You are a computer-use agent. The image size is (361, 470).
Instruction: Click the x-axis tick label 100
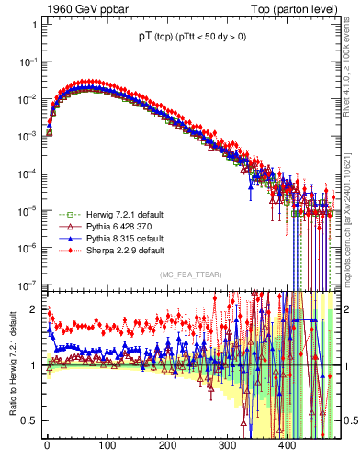click(x=107, y=446)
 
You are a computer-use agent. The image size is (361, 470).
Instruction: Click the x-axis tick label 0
click(x=47, y=446)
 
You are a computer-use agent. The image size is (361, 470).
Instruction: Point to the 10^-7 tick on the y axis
click(x=27, y=285)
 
